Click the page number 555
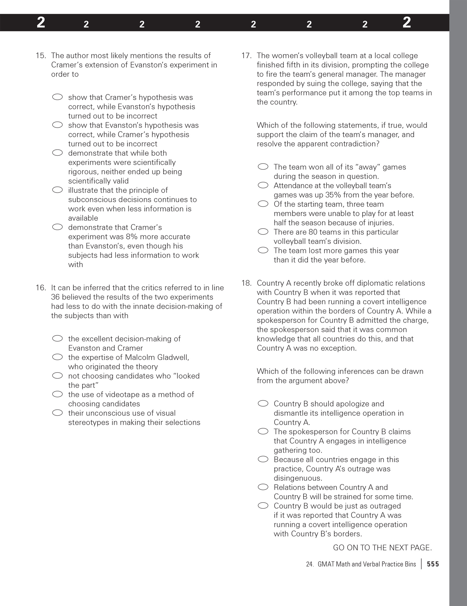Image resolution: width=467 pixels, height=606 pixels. (x=433, y=564)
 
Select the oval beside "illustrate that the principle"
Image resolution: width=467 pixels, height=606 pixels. (x=57, y=190)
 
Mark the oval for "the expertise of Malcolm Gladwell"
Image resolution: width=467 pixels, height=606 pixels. (x=57, y=357)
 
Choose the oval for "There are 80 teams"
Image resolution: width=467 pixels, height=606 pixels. (x=263, y=232)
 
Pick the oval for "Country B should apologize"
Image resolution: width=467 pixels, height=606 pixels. (x=263, y=404)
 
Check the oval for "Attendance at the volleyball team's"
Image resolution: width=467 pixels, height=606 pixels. (x=263, y=185)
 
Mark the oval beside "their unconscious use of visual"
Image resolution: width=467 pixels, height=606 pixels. (x=57, y=413)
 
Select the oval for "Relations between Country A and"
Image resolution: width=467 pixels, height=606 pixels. (x=263, y=487)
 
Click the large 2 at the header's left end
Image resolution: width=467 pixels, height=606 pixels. (x=41, y=23)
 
